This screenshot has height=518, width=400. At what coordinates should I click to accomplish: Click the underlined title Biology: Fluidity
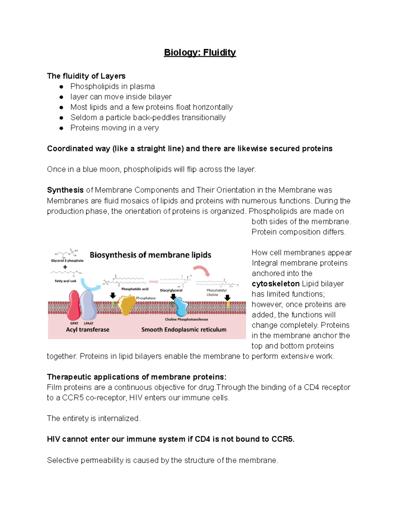point(200,53)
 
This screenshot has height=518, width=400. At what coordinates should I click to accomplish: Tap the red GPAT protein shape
point(74,306)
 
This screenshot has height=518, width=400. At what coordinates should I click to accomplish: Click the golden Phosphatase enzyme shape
point(126,305)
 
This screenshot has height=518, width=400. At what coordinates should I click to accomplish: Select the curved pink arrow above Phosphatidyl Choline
point(202,271)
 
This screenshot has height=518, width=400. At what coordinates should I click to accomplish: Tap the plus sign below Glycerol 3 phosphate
point(65,267)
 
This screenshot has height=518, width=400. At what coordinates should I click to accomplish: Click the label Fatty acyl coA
point(65,281)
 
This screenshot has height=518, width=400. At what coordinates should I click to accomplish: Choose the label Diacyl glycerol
point(171,290)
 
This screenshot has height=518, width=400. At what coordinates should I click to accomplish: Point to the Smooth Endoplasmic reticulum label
point(184,330)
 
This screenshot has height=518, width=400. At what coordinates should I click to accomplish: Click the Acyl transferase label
point(88,330)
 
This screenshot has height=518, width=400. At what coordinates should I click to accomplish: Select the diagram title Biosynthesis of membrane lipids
point(150,255)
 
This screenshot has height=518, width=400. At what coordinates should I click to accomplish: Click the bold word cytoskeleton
point(275,284)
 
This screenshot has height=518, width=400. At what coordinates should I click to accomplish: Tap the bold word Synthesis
point(65,190)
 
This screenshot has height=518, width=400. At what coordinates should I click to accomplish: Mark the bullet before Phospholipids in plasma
point(61,87)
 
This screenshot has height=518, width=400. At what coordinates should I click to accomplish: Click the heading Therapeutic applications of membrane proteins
point(137,377)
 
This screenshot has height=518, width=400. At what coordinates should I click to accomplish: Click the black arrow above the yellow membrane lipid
point(228,297)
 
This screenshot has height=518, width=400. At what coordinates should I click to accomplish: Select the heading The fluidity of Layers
point(86,76)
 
